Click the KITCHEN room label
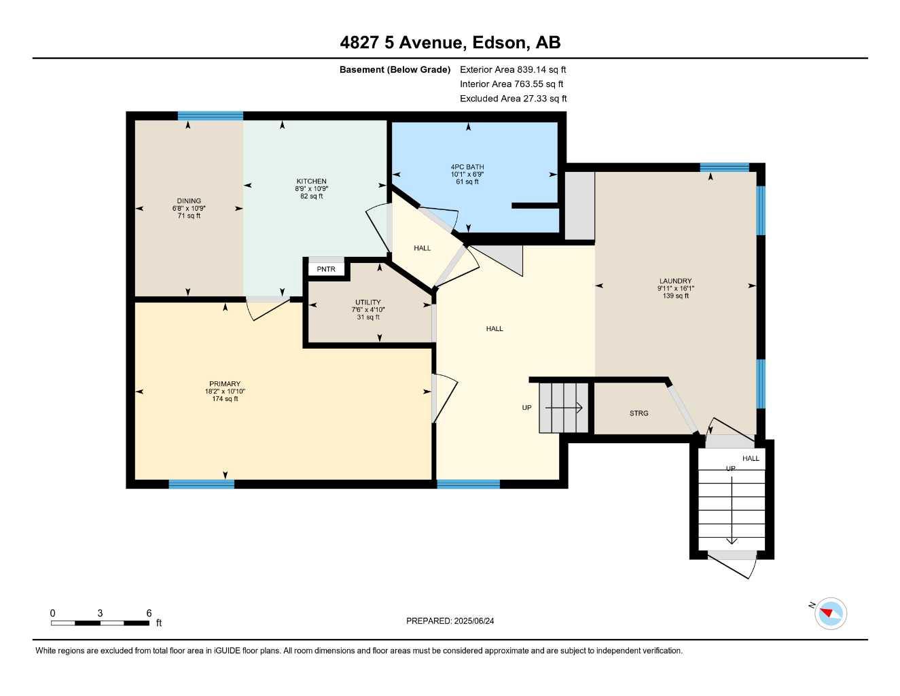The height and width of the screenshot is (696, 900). click(311, 181)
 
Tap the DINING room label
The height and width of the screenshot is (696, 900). click(189, 201)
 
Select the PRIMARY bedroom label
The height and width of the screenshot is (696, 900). click(225, 384)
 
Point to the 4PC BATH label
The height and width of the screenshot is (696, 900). click(467, 167)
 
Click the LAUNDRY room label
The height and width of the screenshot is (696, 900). click(675, 281)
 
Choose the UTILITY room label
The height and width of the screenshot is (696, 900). click(368, 302)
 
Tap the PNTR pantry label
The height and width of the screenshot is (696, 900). click(326, 269)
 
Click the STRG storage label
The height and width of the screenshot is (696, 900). click(638, 413)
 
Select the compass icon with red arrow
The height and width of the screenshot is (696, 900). click(830, 613)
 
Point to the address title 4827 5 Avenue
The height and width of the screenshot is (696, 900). click(450, 43)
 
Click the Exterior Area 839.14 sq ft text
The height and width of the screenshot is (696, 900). click(513, 69)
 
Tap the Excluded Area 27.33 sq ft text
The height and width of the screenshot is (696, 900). click(513, 99)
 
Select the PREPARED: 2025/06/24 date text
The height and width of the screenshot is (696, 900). click(450, 621)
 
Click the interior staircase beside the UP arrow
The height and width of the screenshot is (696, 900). click(563, 408)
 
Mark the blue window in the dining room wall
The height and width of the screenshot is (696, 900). click(211, 116)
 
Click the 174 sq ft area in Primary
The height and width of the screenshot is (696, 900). click(225, 399)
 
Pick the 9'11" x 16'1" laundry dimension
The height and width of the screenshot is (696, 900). click(675, 289)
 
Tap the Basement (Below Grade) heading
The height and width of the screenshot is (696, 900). click(395, 69)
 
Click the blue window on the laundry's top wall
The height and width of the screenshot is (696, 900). click(724, 167)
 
